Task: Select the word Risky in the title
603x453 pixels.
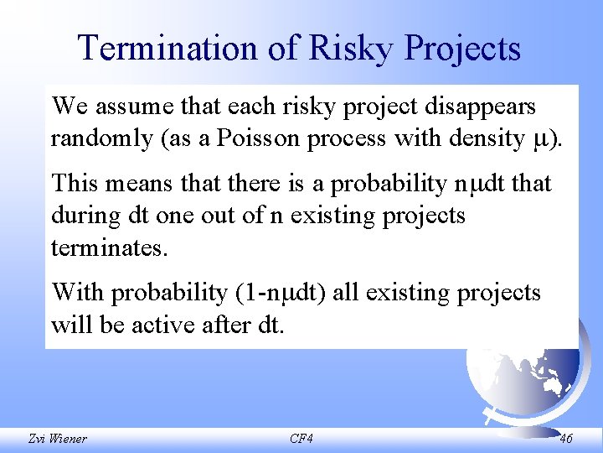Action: pos(352,48)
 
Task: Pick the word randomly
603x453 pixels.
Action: pos(100,138)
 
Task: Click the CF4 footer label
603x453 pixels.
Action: pos(301,439)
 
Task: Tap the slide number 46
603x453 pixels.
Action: pos(565,439)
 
